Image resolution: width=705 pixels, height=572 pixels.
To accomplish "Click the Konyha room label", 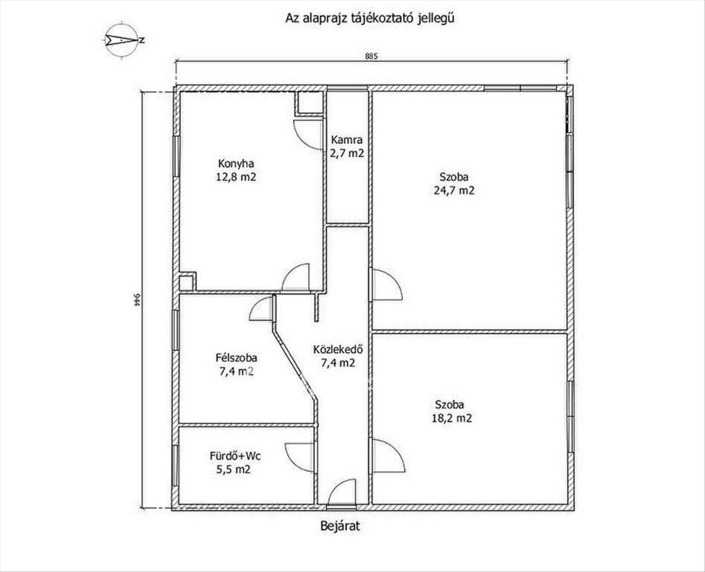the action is pos(236,163).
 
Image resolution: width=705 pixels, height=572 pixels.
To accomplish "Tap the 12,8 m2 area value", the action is pos(236,177).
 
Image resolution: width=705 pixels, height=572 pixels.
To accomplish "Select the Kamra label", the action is pos(347,140).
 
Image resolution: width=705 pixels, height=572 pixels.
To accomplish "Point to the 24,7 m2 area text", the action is pos(454,190).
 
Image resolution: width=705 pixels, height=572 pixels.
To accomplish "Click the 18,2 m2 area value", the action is pos(452,419).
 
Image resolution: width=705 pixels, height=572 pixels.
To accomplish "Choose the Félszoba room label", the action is pos(236,357).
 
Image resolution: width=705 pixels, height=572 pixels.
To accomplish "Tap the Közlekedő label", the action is pos(338,349).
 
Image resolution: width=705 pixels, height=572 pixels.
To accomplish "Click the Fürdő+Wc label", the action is pos(236,456).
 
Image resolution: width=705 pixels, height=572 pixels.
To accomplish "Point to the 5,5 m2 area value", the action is pos(233,470).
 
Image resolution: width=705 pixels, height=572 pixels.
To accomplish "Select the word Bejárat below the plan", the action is pos(340,526).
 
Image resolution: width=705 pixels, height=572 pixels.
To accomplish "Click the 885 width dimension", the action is pos(371,56).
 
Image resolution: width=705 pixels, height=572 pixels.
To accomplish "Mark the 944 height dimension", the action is pos(136,299).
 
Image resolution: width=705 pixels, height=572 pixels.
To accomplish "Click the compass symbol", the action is pos(122,41).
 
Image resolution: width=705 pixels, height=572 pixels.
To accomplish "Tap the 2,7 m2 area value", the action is pos(347,153).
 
